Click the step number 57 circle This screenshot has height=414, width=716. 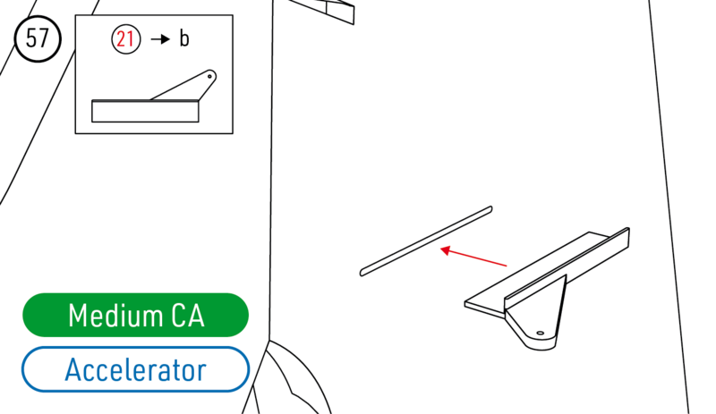pos(38,39)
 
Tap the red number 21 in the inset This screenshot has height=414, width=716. pos(126,39)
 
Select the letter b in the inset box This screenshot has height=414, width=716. pos(184,39)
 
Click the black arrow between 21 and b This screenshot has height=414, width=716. pos(159,39)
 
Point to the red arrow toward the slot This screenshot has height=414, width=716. pos(474,258)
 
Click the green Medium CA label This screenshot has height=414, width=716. pos(135,316)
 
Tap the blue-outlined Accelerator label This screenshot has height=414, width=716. pos(135,369)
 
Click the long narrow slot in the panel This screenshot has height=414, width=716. pos(426,241)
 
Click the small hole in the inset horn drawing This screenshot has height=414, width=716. pos(210,76)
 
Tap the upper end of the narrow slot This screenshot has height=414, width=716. pos(489,210)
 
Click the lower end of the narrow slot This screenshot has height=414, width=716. pos(363,271)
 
